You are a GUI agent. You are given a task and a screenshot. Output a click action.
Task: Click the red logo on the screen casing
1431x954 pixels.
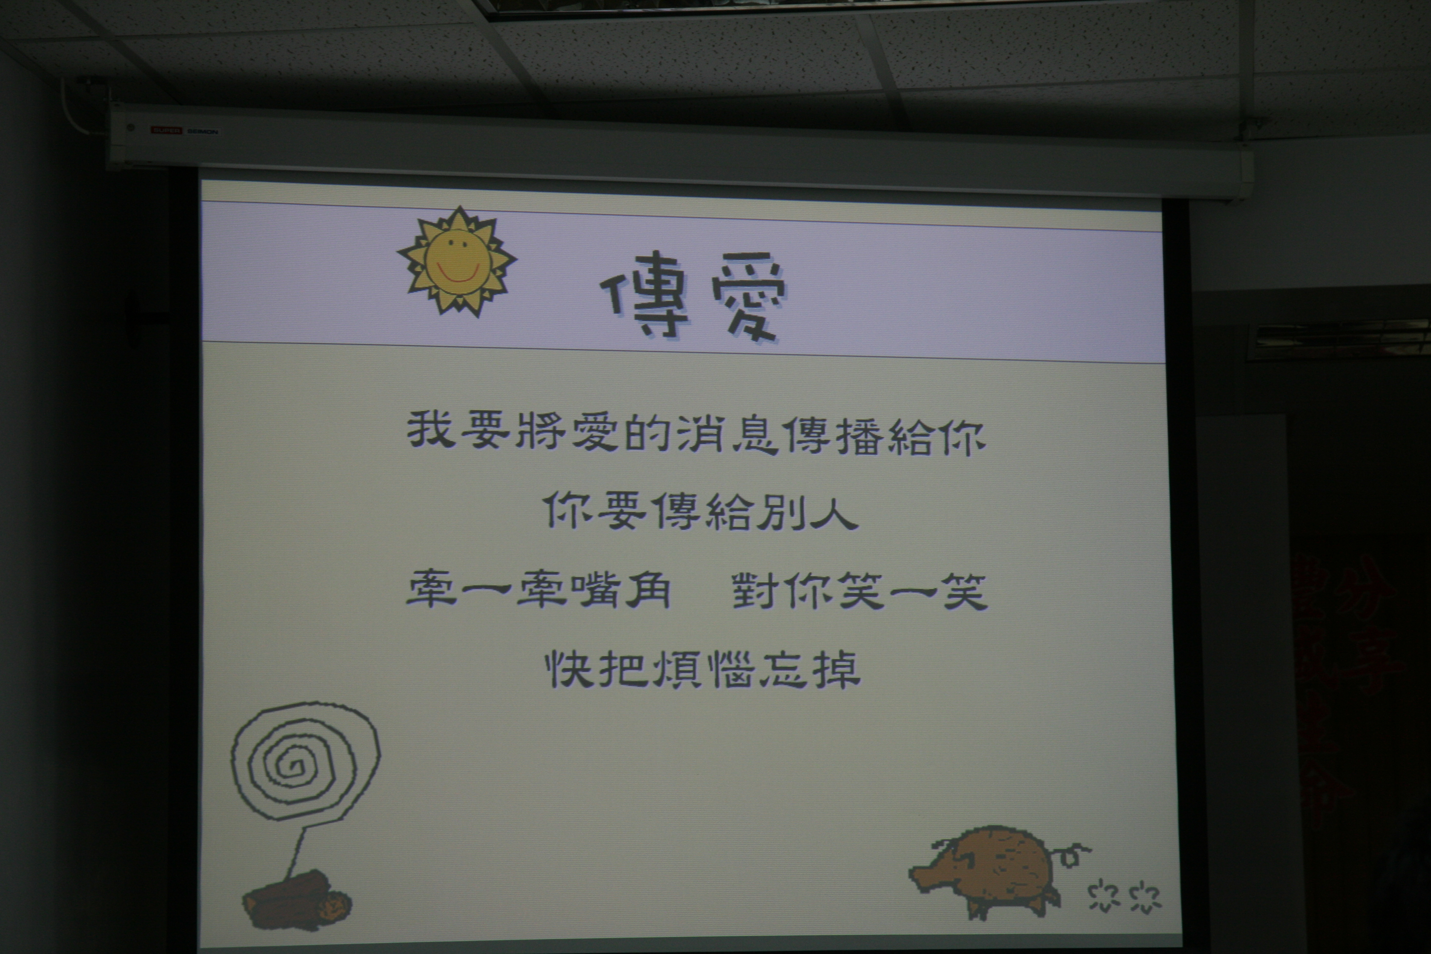[166, 130]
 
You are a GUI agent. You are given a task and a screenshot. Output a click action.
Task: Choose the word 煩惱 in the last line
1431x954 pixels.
[702, 669]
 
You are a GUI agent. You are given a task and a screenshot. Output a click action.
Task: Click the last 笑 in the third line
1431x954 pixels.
[964, 591]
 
